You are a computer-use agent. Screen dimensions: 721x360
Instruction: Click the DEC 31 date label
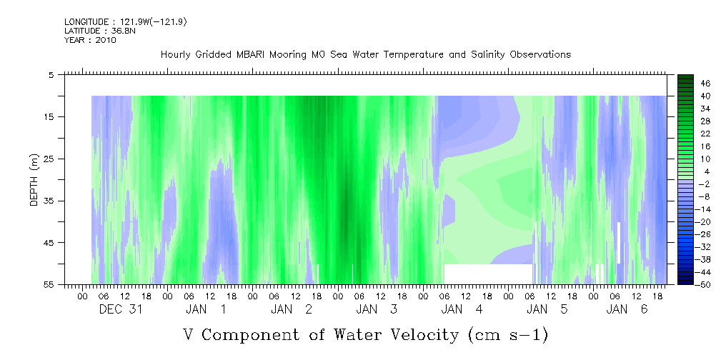pyautogui.click(x=121, y=309)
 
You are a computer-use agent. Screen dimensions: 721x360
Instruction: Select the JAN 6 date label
pyautogui.click(x=627, y=309)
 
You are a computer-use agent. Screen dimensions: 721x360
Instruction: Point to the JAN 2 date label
pyautogui.click(x=292, y=309)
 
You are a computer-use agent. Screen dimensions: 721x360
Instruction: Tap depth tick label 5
pyautogui.click(x=51, y=74)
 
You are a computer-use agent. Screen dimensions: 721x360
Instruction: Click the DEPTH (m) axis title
pyautogui.click(x=34, y=180)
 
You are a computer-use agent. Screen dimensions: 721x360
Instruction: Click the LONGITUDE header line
pyautogui.click(x=126, y=21)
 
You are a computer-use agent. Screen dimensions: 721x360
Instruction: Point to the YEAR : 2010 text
pyautogui.click(x=90, y=40)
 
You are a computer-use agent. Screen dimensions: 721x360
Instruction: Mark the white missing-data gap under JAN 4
pyautogui.click(x=488, y=274)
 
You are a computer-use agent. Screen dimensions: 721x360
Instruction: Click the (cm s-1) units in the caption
pyautogui.click(x=509, y=335)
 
